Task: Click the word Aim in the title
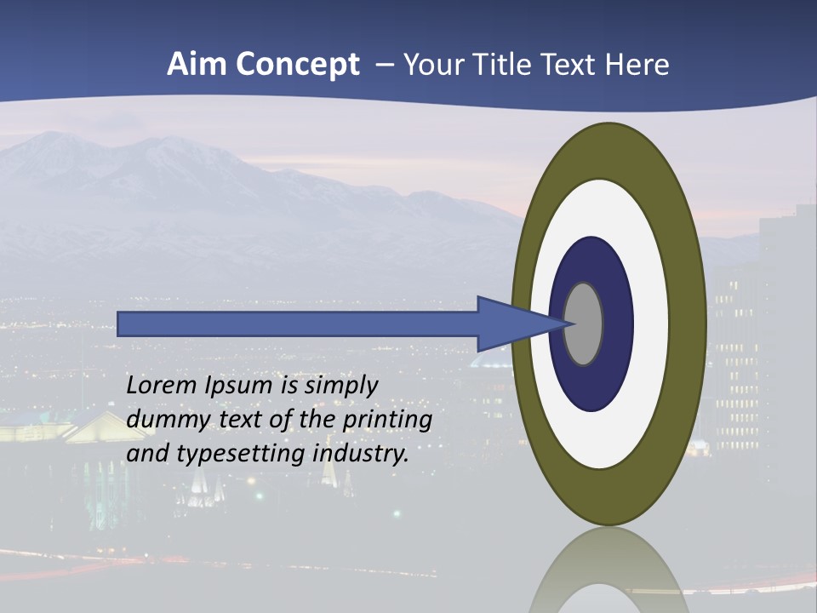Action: [195, 65]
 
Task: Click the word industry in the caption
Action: [361, 454]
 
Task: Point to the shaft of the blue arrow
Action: [298, 324]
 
